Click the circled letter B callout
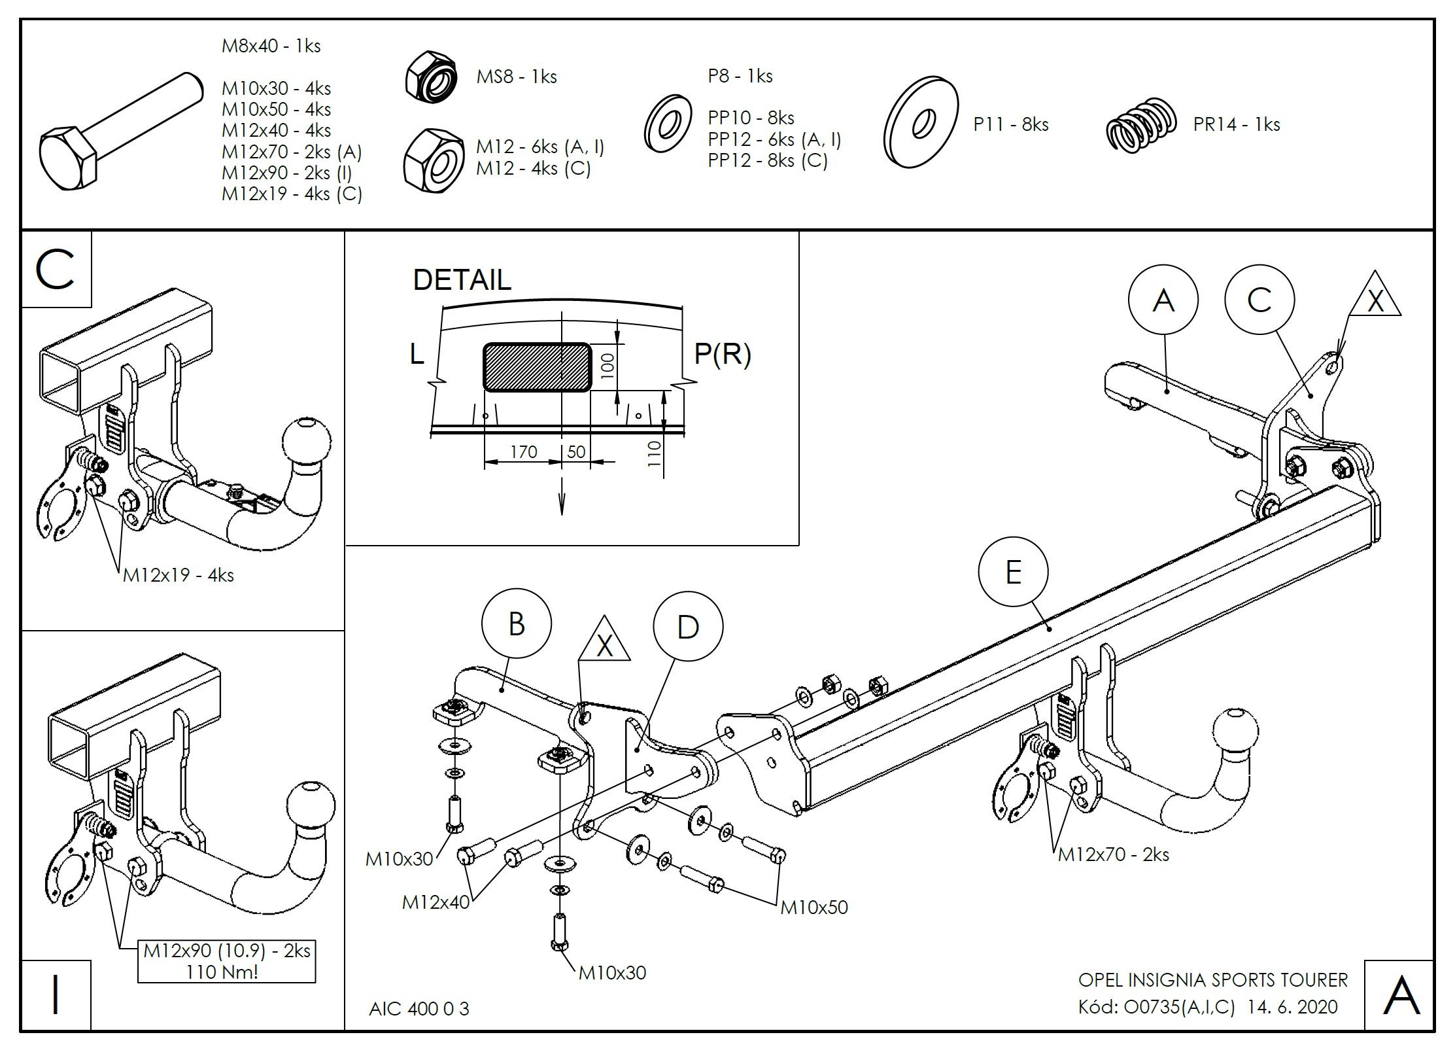click(516, 624)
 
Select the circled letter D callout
click(687, 627)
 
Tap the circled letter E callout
click(1013, 572)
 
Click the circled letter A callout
click(1163, 300)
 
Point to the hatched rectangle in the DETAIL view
click(537, 367)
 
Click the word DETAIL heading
click(462, 280)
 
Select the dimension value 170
click(523, 452)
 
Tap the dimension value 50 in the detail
click(576, 452)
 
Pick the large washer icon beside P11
click(921, 122)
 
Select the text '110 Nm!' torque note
click(222, 972)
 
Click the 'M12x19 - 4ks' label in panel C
click(178, 575)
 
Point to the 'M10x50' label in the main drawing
click(813, 907)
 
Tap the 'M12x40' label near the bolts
click(436, 902)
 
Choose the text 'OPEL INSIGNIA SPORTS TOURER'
click(1212, 979)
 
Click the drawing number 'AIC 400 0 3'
click(419, 1008)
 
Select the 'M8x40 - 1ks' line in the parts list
click(271, 46)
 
